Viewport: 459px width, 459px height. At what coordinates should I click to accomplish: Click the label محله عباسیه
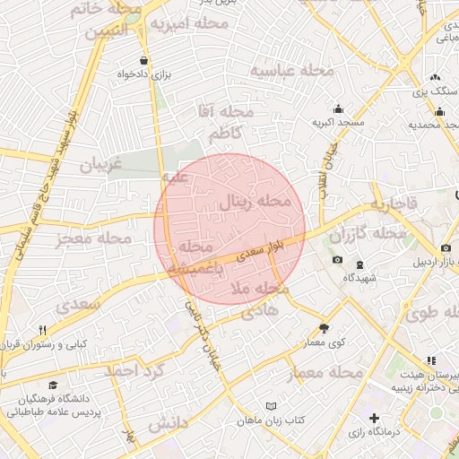point(292,70)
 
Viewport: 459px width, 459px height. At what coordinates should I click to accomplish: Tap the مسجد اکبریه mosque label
point(337,120)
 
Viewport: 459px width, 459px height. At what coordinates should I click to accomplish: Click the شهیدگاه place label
point(361,277)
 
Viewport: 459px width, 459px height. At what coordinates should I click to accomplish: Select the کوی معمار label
point(324,342)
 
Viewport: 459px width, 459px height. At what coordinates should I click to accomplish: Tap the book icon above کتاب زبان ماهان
point(272,406)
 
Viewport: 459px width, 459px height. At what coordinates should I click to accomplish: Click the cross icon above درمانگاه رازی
point(374,419)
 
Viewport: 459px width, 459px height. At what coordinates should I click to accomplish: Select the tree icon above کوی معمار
point(324,328)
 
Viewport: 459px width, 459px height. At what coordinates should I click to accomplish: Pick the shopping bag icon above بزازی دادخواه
point(133,62)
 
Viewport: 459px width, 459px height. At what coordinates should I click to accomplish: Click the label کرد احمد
point(134,370)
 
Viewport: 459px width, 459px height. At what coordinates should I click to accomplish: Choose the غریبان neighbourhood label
point(106,166)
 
